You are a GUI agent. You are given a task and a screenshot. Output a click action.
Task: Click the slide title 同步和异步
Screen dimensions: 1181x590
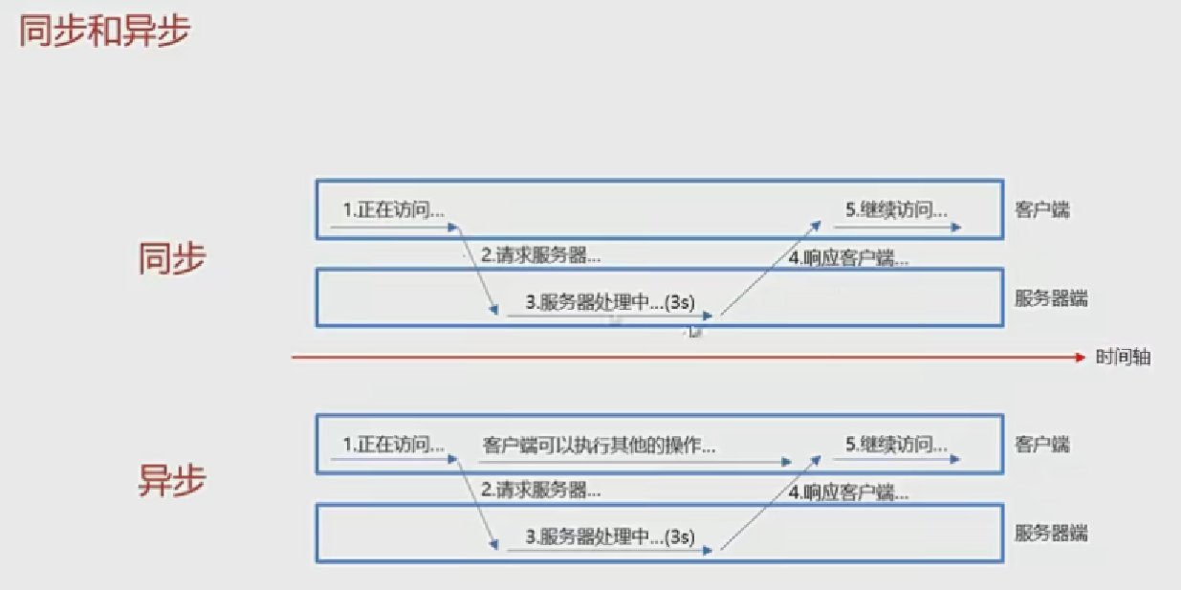(104, 31)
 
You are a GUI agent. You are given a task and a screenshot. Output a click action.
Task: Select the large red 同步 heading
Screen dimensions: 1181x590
(172, 258)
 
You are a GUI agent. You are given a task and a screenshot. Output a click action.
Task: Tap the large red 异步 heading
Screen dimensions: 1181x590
(172, 481)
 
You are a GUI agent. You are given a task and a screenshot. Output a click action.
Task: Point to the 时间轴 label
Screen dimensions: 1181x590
(1123, 358)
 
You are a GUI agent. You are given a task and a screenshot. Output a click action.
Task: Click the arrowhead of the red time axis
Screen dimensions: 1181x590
(1082, 357)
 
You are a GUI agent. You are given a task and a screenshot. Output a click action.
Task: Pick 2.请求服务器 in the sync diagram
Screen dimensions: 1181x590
(541, 255)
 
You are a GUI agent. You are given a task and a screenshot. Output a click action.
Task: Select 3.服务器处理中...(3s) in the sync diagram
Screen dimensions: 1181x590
(610, 303)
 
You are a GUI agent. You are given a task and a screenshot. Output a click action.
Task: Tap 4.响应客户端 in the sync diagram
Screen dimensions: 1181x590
(848, 257)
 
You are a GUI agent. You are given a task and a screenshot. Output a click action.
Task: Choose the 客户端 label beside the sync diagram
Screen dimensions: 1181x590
(1041, 210)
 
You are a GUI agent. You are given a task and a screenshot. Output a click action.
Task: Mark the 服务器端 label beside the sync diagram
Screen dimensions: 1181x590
(1051, 298)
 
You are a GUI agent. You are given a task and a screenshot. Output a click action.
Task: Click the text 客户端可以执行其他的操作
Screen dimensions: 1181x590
(600, 446)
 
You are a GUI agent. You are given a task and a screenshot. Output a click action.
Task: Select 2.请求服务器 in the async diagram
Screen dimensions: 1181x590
(541, 491)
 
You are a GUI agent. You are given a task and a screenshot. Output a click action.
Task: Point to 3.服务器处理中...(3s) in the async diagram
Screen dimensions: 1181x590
(610, 536)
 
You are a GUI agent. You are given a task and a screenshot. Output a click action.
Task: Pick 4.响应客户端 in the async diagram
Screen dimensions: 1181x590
(848, 493)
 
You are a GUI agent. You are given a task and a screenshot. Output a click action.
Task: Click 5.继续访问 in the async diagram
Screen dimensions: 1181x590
(897, 445)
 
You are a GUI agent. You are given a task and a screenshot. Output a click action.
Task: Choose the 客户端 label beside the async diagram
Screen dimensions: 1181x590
(1041, 445)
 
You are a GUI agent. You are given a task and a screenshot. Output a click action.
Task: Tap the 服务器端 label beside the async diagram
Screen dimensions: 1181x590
(1051, 534)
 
